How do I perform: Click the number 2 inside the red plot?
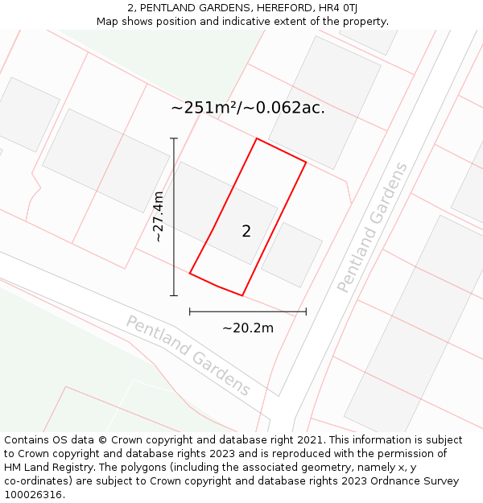click(x=246, y=232)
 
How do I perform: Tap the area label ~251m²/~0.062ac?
click(x=248, y=108)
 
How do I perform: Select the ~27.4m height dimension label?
click(x=159, y=216)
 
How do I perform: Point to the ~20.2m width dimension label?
click(x=248, y=328)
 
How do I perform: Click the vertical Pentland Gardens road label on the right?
click(x=372, y=227)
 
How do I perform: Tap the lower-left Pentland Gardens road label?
click(x=188, y=355)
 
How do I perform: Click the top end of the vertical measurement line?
click(x=174, y=138)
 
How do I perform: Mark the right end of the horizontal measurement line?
click(x=306, y=311)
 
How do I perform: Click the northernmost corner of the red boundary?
click(x=257, y=138)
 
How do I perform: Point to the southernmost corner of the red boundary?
click(x=242, y=295)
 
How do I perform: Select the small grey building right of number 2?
click(x=291, y=254)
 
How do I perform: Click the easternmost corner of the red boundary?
click(x=306, y=163)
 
